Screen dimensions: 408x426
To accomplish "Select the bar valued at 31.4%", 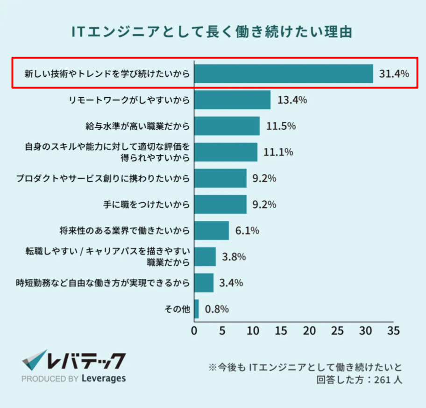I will pyautogui.click(x=283, y=73).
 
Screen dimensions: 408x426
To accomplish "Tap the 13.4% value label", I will pyautogui.click(x=292, y=100).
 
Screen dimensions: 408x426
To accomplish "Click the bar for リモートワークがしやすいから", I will pyautogui.click(x=232, y=100).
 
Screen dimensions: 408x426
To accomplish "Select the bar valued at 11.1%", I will pyautogui.click(x=226, y=152).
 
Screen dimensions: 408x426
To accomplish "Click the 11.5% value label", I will pyautogui.click(x=281, y=126).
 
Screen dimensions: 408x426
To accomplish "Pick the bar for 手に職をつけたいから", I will pyautogui.click(x=220, y=204).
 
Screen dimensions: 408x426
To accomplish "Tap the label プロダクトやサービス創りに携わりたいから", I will pyautogui.click(x=103, y=178).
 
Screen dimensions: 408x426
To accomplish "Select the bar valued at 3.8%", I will pyautogui.click(x=205, y=257).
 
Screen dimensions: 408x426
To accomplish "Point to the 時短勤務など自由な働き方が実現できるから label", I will pyautogui.click(x=103, y=283).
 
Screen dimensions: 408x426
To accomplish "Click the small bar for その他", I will pyautogui.click(x=196, y=309).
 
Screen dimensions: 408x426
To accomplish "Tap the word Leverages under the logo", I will pyautogui.click(x=103, y=378).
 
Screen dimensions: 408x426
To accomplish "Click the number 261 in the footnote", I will pyautogui.click(x=382, y=380).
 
